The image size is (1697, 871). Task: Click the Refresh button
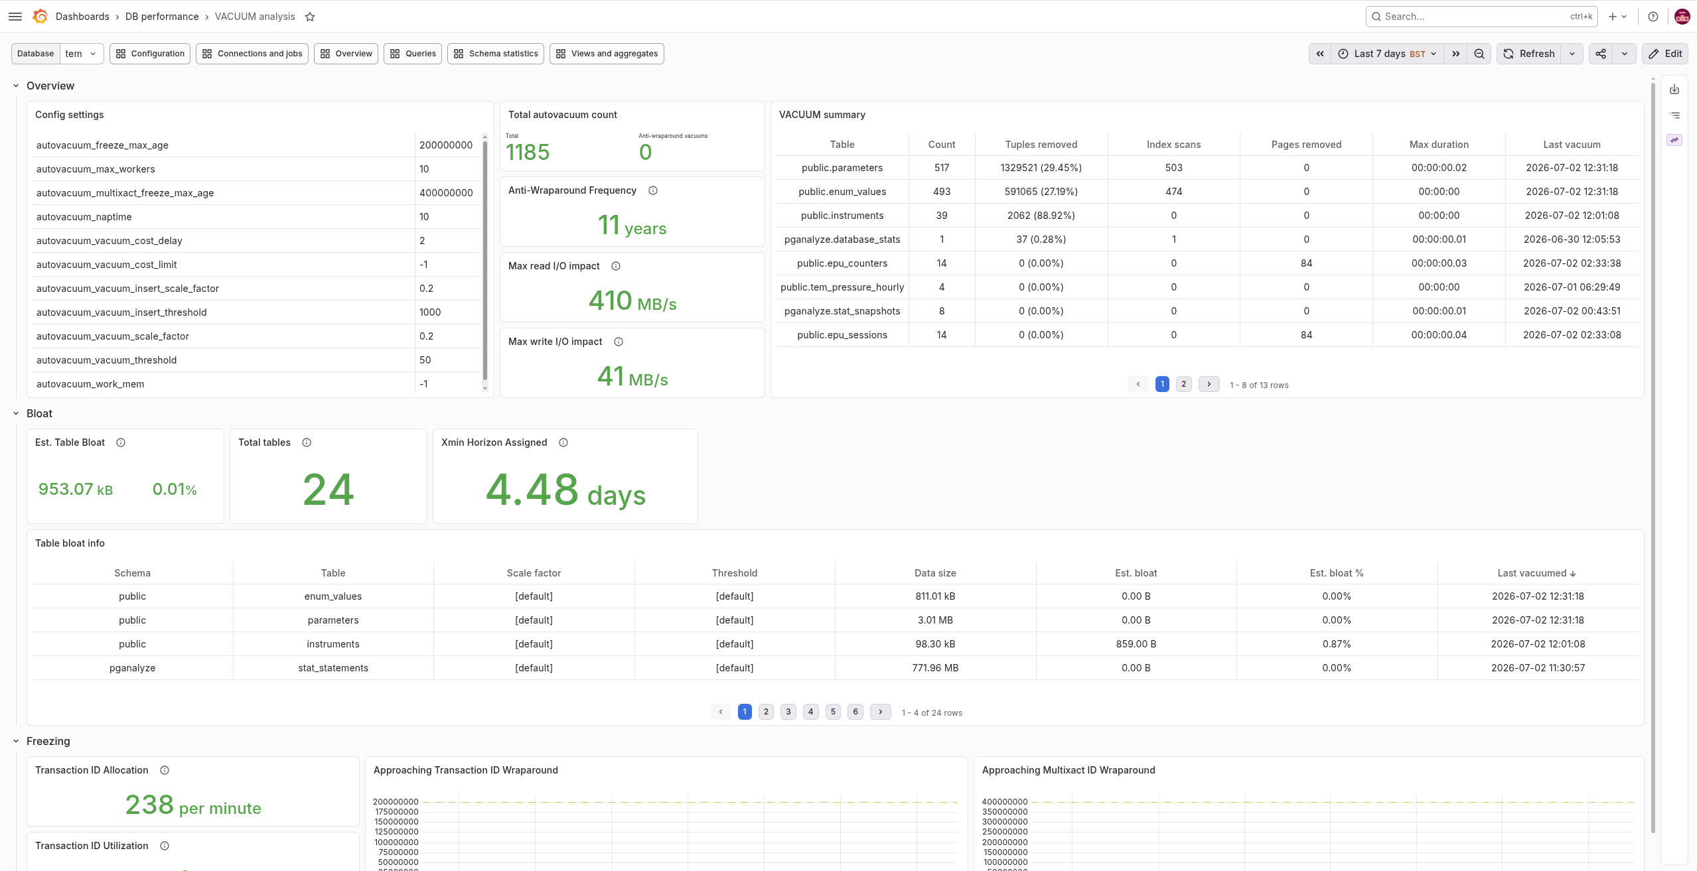(1529, 54)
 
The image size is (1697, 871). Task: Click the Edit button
(1665, 54)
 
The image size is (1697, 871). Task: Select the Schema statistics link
(496, 54)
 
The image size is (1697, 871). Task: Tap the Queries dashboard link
(413, 54)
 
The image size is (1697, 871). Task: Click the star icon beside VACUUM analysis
(310, 17)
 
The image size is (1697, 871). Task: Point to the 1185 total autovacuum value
(528, 153)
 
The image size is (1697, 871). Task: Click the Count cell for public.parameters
(942, 168)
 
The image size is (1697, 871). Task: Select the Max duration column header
(1439, 145)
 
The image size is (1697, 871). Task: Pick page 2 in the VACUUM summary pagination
(1183, 384)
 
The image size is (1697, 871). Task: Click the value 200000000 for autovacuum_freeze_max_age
(446, 145)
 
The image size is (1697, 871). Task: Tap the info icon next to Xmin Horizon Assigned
(563, 442)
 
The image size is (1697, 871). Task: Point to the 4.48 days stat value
(565, 490)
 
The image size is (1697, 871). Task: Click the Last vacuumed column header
(1536, 573)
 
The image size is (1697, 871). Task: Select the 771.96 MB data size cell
(935, 668)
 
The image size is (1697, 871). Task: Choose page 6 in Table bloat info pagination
(855, 712)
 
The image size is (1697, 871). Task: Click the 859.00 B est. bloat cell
(1136, 644)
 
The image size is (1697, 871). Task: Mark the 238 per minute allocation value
(193, 805)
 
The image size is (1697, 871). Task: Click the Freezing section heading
(48, 741)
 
